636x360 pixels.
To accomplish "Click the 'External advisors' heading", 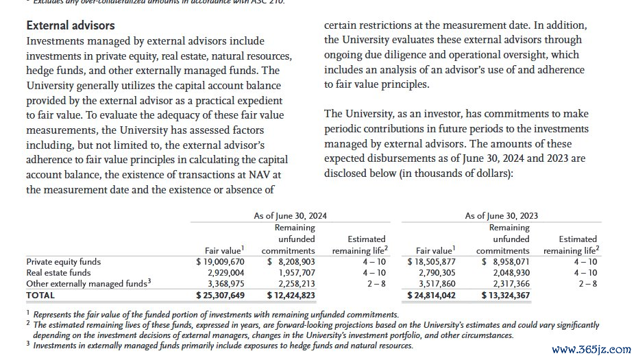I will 71,25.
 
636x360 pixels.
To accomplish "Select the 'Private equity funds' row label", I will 63,261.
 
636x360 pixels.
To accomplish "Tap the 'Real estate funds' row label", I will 58,272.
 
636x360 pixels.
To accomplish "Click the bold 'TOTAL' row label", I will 40,295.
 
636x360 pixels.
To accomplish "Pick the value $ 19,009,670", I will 220,261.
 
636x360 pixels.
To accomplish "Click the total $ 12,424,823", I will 291,295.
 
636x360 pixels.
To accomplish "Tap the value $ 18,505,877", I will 431,261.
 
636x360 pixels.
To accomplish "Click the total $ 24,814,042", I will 431,295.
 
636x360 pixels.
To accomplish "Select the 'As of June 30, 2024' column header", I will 290,215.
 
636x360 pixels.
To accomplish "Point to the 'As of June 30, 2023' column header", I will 501,215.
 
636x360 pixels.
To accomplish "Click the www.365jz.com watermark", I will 590,349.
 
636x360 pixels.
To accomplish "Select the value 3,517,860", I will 436,283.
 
